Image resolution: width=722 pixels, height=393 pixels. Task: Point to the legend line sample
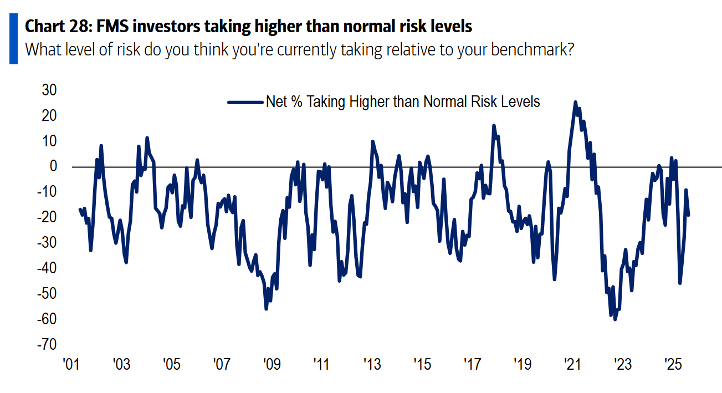(245, 102)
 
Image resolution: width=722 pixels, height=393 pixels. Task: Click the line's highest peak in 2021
(575, 102)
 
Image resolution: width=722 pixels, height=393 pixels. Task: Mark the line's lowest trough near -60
(615, 319)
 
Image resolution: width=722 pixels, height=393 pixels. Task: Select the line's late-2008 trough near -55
(266, 309)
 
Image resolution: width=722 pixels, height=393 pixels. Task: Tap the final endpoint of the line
(689, 215)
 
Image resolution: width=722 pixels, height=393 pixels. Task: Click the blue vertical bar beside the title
(13, 39)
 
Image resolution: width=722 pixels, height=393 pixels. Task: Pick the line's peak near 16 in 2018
(494, 126)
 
